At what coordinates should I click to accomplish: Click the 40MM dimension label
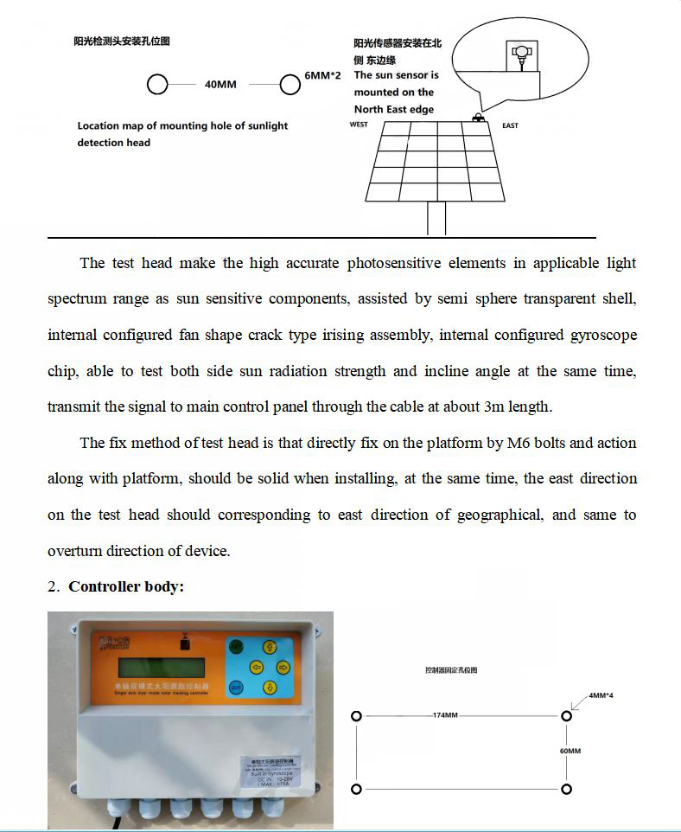(220, 85)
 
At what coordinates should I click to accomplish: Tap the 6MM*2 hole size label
(323, 76)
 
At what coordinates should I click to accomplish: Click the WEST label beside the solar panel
(359, 125)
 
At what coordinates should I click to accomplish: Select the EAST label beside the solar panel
(510, 125)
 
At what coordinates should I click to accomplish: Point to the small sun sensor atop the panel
(476, 117)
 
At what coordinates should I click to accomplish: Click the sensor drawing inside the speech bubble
(519, 56)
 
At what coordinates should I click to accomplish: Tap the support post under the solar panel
(436, 218)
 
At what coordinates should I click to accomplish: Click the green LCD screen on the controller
(162, 668)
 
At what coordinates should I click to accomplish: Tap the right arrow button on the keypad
(283, 667)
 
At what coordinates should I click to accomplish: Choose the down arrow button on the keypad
(268, 688)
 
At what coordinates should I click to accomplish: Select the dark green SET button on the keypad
(236, 645)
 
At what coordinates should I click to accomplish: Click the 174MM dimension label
(446, 716)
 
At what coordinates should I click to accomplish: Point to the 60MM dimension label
(570, 751)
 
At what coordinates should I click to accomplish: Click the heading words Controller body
(126, 586)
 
